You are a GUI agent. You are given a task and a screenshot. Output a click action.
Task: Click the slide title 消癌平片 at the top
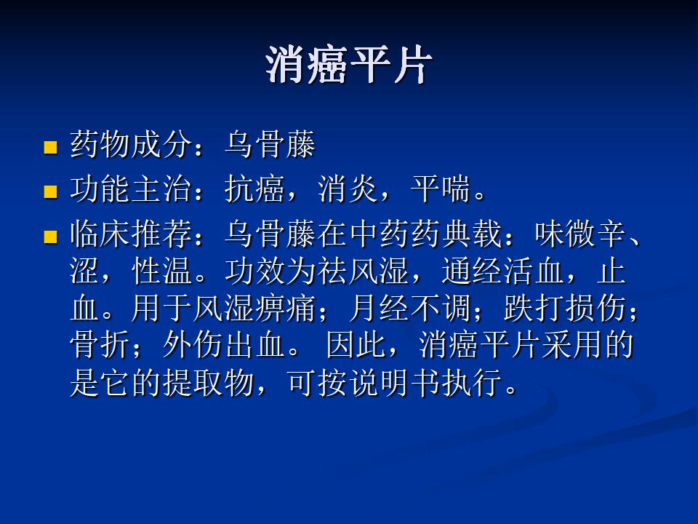(348, 65)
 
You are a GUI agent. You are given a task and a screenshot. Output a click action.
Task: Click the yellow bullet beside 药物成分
(50, 147)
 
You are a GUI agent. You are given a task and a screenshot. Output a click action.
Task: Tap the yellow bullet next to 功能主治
(50, 191)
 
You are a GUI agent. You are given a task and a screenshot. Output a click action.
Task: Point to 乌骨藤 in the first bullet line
(270, 144)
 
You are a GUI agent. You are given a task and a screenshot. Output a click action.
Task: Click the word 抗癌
(254, 189)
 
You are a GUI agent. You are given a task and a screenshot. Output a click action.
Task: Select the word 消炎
(348, 189)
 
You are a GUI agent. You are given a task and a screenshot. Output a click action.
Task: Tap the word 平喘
(441, 189)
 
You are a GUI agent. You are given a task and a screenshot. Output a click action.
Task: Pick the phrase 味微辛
(581, 234)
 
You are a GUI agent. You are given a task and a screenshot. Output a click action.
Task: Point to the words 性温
(162, 271)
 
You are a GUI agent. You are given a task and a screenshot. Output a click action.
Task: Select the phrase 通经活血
(503, 271)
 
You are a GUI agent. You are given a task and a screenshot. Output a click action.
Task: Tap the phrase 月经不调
(410, 309)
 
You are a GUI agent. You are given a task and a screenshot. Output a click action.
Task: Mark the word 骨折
(100, 345)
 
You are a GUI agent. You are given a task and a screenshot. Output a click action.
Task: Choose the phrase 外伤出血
(224, 345)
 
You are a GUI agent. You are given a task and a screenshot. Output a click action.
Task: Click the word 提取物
(209, 382)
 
